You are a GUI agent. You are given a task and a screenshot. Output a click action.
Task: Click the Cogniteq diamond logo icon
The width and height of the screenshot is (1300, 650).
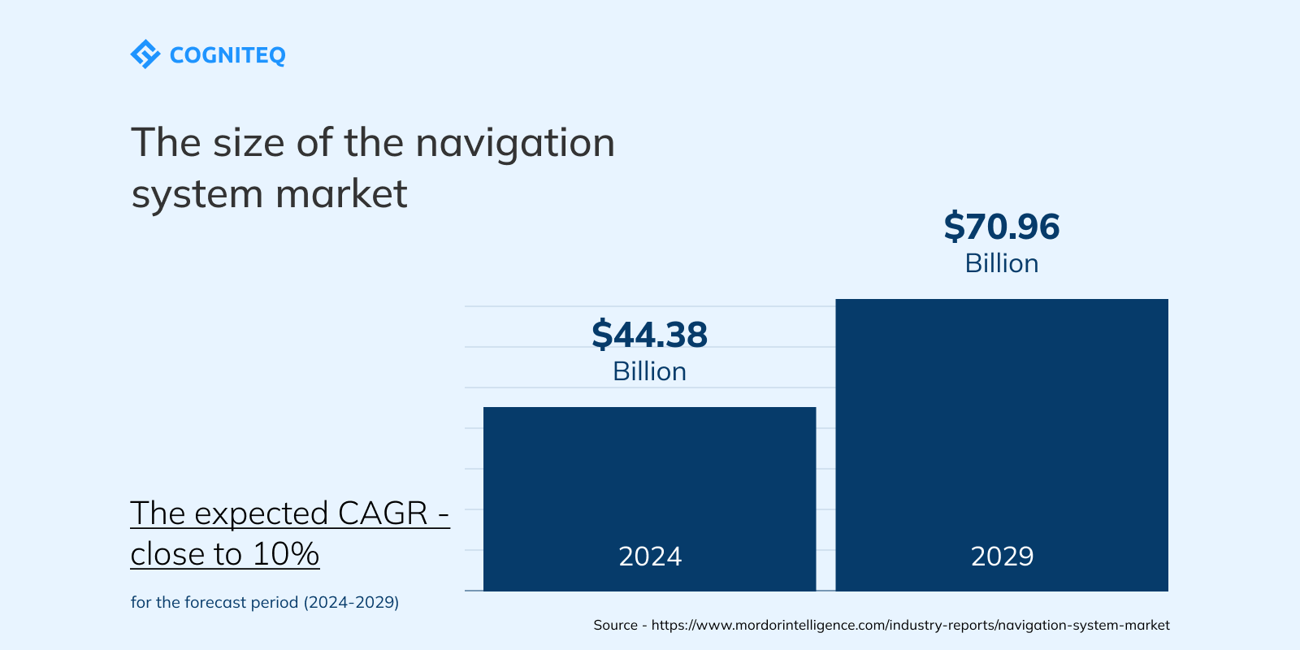(x=145, y=54)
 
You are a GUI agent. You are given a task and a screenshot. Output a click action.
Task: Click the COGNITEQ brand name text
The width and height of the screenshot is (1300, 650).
(x=227, y=55)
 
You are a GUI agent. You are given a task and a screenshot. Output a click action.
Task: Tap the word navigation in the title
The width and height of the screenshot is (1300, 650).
(x=515, y=143)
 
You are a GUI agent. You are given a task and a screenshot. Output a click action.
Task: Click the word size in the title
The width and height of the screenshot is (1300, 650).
(x=248, y=143)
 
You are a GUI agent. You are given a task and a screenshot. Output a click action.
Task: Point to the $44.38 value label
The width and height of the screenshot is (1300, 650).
(x=649, y=335)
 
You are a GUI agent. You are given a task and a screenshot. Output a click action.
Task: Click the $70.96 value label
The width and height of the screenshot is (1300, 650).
(x=1001, y=227)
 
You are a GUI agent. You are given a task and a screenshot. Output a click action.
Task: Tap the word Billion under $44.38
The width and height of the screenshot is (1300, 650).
(x=649, y=371)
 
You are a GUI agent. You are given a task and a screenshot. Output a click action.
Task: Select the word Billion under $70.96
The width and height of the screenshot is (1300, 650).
(x=1001, y=263)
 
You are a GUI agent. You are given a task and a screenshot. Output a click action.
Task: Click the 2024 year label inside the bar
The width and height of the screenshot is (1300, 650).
(x=650, y=557)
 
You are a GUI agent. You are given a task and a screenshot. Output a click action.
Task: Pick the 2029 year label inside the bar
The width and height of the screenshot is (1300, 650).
(x=1002, y=557)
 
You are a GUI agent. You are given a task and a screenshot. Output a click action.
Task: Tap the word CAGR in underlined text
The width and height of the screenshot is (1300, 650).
(x=383, y=513)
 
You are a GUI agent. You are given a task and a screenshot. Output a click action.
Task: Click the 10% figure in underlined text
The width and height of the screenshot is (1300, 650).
(x=286, y=554)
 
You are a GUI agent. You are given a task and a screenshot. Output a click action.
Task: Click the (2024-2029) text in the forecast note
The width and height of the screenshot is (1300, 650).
(x=351, y=602)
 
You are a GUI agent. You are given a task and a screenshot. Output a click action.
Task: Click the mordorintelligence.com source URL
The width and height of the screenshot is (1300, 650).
(x=910, y=625)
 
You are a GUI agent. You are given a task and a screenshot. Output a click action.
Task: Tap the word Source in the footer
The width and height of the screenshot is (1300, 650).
(x=615, y=625)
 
